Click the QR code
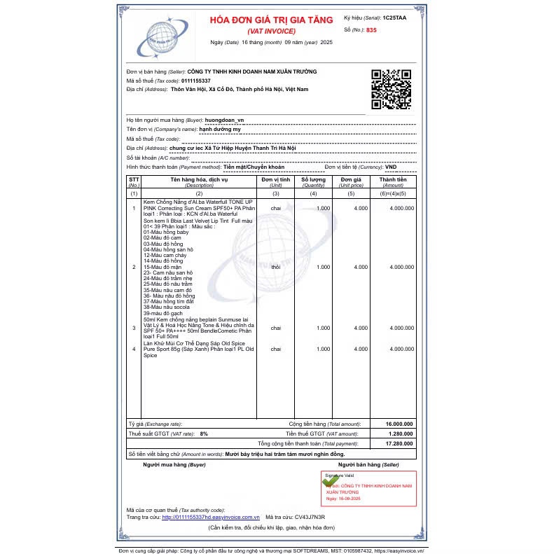coord(391,89)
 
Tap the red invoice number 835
coord(371,30)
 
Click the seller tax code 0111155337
coord(195,81)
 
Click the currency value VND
coord(391,167)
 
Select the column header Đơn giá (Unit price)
coord(351,182)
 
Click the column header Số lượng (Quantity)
coord(313,182)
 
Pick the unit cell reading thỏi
coord(276,267)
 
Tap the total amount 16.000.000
coord(399,424)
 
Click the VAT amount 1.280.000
coord(400,434)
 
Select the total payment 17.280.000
coord(399,444)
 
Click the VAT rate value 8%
coord(204,434)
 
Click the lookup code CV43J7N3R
coord(310,517)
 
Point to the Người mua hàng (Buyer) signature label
coord(174,464)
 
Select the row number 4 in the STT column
coord(134,348)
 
